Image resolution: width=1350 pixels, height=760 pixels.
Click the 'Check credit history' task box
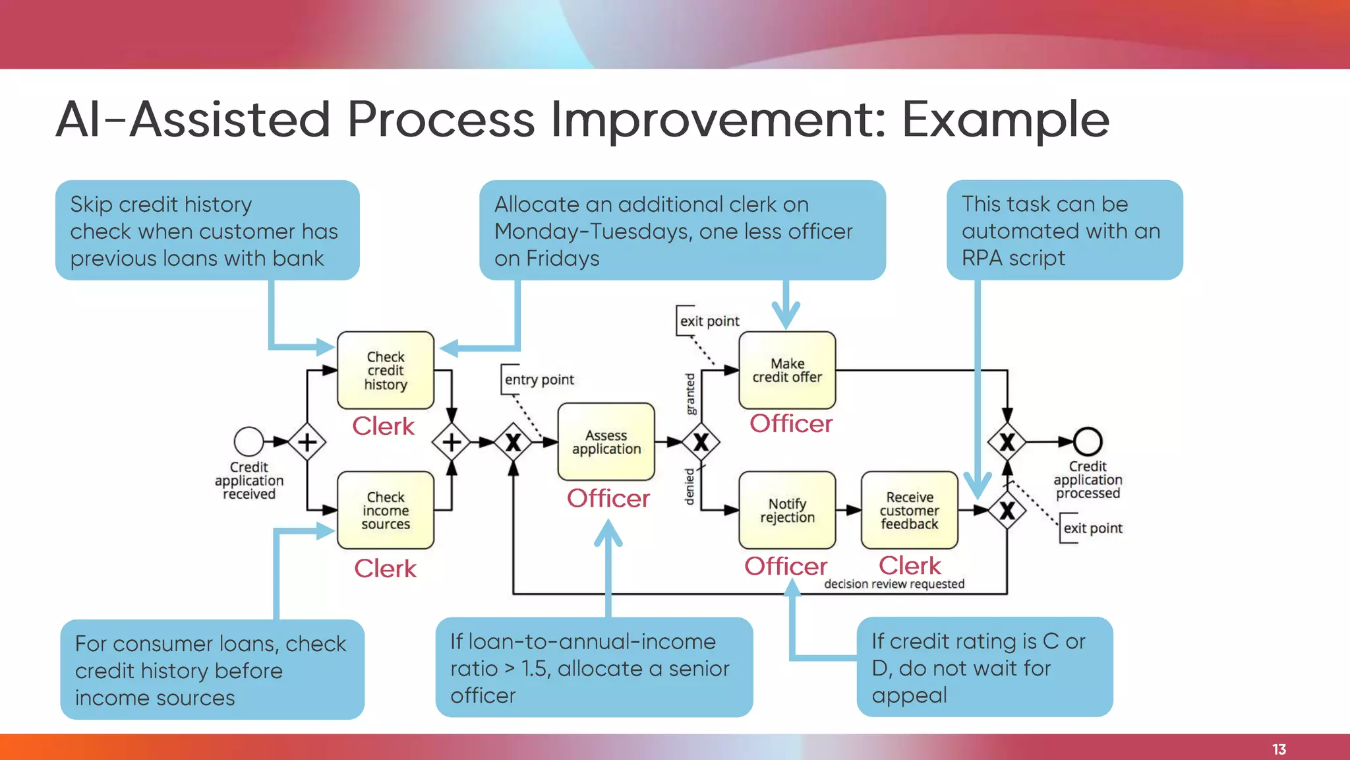(386, 371)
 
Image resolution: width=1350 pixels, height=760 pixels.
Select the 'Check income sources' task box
(386, 511)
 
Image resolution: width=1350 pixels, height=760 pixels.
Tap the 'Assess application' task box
(606, 442)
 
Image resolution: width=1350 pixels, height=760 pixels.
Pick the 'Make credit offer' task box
(787, 371)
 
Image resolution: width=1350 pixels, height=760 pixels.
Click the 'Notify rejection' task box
(787, 511)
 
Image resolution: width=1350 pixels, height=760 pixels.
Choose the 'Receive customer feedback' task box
(910, 511)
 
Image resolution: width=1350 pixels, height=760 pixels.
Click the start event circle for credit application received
(249, 441)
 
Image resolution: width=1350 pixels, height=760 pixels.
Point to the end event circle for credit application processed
(1088, 441)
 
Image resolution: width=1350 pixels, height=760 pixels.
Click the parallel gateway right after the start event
(307, 442)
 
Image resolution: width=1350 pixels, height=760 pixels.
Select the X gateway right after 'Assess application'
(701, 442)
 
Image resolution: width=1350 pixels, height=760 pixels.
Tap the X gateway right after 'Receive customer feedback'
(1007, 511)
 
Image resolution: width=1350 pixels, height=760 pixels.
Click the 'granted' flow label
(690, 394)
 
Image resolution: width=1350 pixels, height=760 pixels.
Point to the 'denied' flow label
(690, 487)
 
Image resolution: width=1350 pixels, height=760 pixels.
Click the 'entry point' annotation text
(539, 380)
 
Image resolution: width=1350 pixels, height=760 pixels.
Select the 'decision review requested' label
(894, 584)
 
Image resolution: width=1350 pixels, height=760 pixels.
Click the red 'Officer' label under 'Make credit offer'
(791, 424)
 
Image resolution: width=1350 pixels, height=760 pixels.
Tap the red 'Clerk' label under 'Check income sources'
(385, 569)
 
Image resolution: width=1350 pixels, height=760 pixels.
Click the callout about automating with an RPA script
(1064, 230)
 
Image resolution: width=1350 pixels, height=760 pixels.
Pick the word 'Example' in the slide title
(1006, 119)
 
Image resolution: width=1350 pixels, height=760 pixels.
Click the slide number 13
(1279, 749)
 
